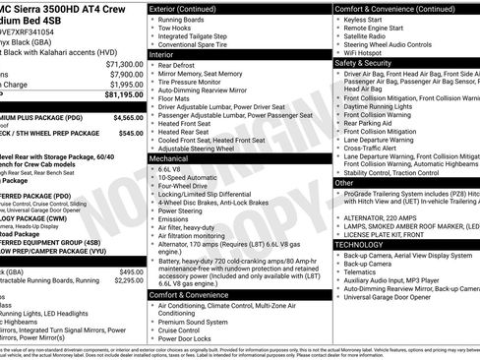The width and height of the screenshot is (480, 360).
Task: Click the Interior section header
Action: click(x=161, y=55)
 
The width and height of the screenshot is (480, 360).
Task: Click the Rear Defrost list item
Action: click(x=184, y=66)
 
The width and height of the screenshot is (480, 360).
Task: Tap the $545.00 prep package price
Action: click(x=130, y=131)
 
